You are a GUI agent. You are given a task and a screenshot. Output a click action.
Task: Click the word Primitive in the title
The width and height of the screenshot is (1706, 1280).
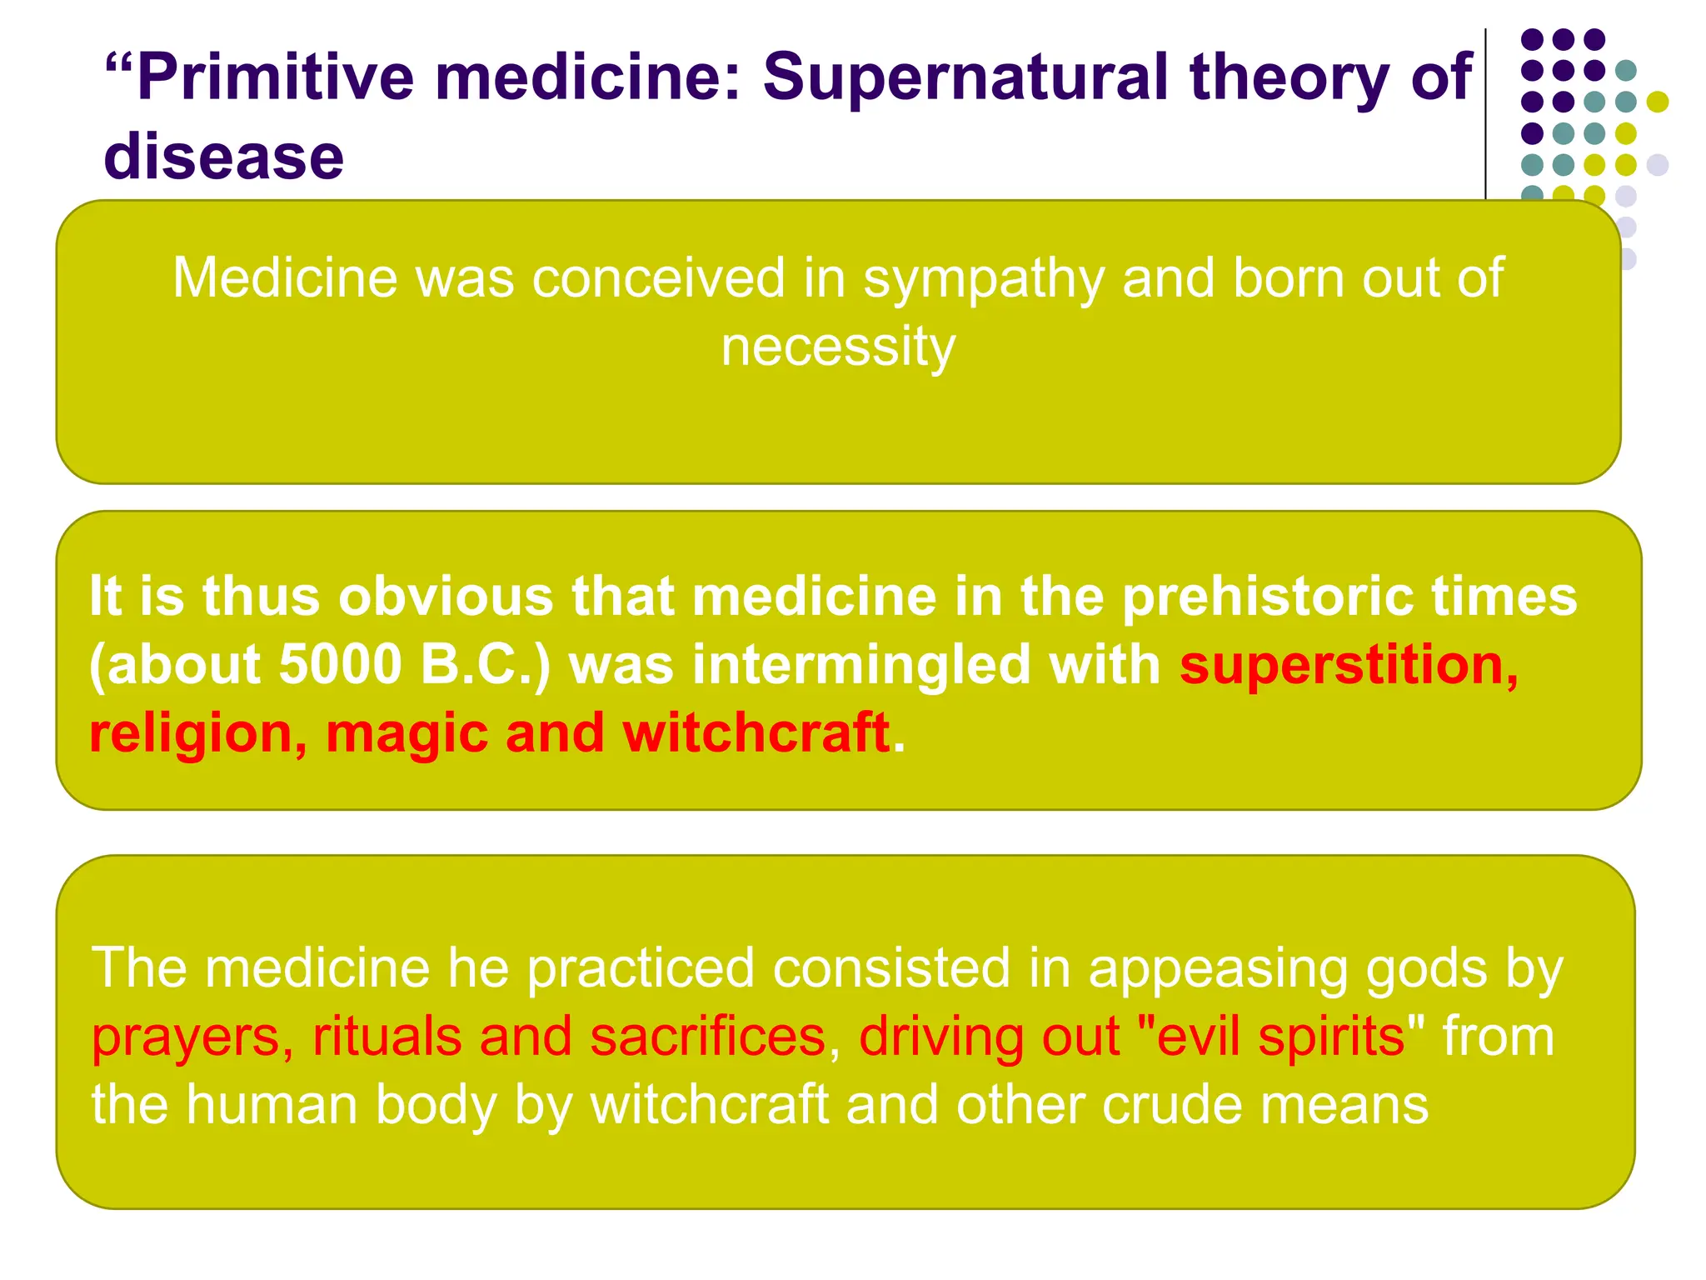(275, 77)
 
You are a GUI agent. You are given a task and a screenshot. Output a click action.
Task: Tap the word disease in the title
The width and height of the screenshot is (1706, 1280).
(223, 157)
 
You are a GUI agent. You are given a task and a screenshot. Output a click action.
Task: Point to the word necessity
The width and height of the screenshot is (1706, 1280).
(838, 347)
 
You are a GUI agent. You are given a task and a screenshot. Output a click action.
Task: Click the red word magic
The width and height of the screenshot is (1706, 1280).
(406, 733)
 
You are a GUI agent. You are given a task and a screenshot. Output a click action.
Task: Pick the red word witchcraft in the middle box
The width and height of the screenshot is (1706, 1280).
(756, 733)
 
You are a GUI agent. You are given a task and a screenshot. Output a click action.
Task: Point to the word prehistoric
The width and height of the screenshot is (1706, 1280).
(1267, 597)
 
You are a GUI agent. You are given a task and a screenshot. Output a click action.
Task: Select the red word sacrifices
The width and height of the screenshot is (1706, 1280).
(708, 1037)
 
